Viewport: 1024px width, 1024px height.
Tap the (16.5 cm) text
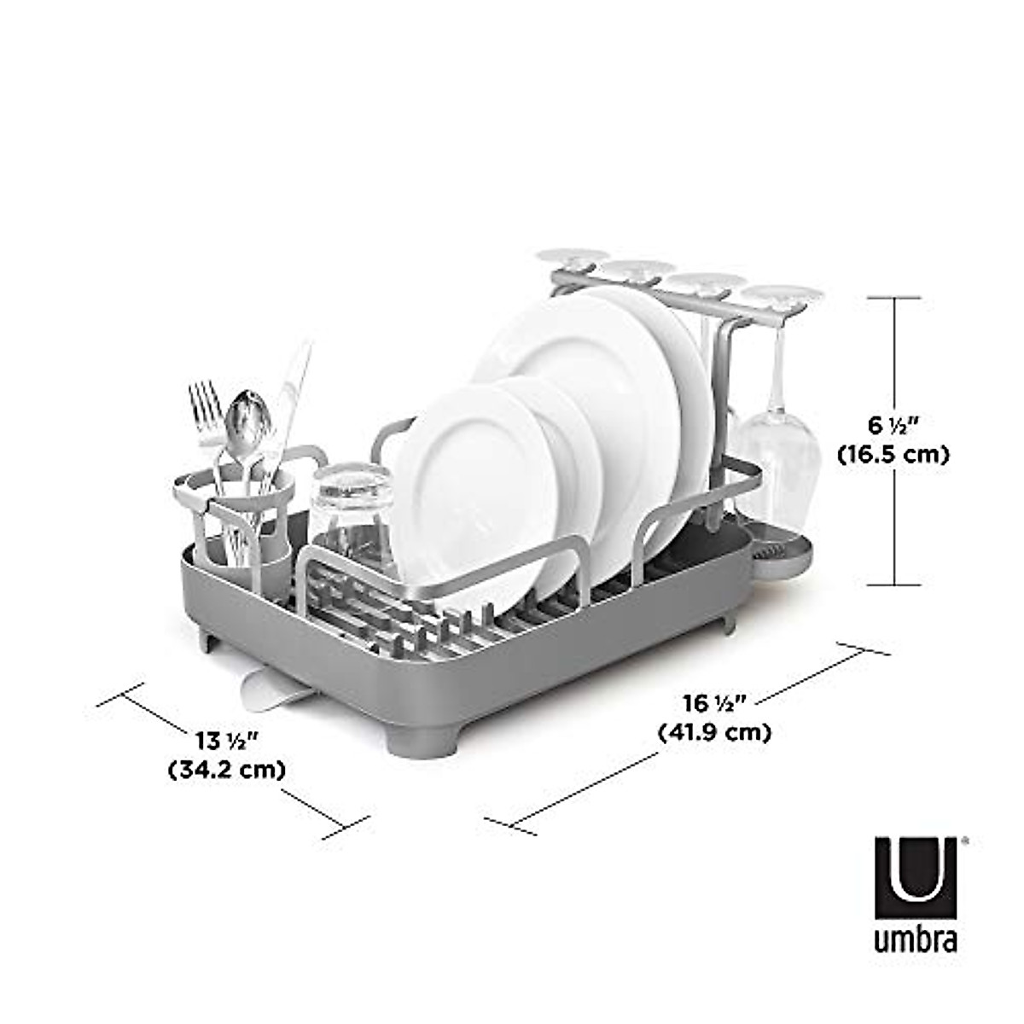(x=893, y=455)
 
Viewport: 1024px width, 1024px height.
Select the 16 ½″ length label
(x=714, y=703)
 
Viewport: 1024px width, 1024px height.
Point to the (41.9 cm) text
(x=714, y=732)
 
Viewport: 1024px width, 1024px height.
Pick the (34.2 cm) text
(x=226, y=769)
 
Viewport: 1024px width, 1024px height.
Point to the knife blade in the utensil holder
(x=294, y=384)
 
